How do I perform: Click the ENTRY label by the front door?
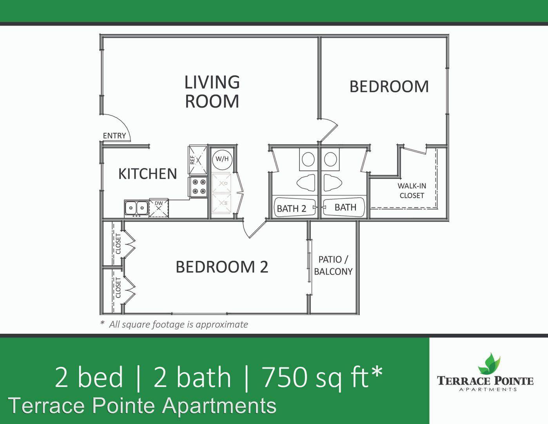point(114,135)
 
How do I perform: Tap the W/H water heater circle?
point(222,159)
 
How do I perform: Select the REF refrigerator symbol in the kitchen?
point(198,160)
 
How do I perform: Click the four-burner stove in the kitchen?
point(198,187)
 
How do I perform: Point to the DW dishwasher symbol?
point(159,208)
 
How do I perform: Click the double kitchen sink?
point(136,208)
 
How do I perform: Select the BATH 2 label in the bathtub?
point(292,208)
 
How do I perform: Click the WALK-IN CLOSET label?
point(412,191)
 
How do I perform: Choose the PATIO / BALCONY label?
point(333,265)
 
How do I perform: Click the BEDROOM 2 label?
point(222,267)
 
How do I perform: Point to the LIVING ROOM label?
point(212,91)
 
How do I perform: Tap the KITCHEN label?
point(147,174)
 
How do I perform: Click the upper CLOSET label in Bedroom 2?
point(118,244)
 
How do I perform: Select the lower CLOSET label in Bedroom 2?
point(118,287)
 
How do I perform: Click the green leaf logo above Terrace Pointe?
point(489,364)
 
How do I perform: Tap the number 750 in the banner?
point(285,377)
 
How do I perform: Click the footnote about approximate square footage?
point(174,325)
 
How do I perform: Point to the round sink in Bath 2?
point(308,159)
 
